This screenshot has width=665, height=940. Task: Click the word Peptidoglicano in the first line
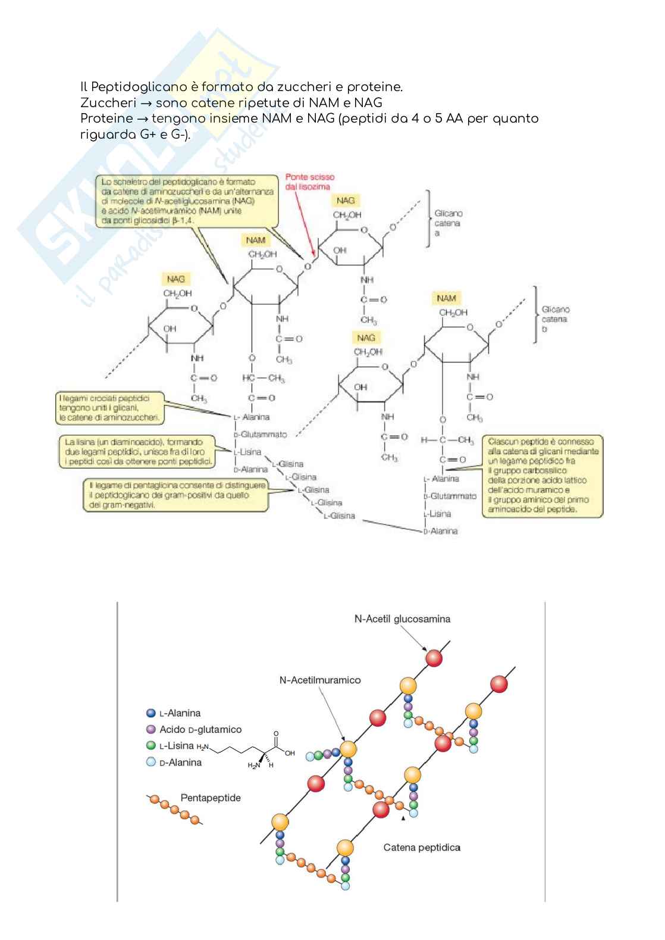pyautogui.click(x=129, y=88)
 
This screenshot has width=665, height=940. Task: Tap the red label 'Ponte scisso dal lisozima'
pyautogui.click(x=309, y=182)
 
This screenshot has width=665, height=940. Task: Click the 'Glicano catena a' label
pyautogui.click(x=448, y=223)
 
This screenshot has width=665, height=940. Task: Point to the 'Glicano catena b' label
pyautogui.click(x=556, y=319)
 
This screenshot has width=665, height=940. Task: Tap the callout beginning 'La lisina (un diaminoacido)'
pyautogui.click(x=137, y=452)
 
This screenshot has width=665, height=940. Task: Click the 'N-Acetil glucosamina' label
pyautogui.click(x=402, y=619)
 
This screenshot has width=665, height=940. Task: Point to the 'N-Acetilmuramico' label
pyautogui.click(x=320, y=680)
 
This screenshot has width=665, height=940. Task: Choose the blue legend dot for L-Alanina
pyautogui.click(x=151, y=713)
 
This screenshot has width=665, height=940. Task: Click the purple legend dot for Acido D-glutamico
pyautogui.click(x=151, y=729)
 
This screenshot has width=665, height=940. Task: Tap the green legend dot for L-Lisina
pyautogui.click(x=151, y=745)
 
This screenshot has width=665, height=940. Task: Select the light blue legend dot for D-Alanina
pyautogui.click(x=151, y=762)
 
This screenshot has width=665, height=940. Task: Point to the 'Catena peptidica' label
pyautogui.click(x=422, y=847)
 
